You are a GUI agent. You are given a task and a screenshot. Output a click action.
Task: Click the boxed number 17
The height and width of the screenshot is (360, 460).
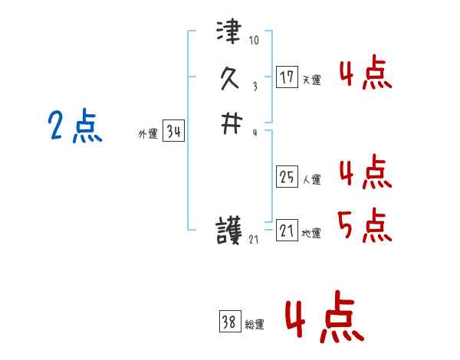point(287,77)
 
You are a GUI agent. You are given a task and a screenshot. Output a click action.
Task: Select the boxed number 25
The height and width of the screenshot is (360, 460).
point(287,178)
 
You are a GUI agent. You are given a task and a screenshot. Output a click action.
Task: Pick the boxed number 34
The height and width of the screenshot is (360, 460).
point(174,132)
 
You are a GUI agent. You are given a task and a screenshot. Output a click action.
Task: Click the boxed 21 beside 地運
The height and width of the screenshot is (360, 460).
point(287,231)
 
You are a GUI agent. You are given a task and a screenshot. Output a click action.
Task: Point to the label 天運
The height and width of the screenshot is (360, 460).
point(311,80)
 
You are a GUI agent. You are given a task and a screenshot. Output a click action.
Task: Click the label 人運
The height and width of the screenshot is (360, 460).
point(311,180)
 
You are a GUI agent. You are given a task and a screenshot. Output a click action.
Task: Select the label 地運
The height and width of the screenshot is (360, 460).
point(311,233)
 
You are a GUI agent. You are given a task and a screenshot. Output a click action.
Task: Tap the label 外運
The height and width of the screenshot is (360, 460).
point(148,134)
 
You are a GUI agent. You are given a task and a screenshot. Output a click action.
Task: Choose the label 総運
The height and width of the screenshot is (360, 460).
point(255,326)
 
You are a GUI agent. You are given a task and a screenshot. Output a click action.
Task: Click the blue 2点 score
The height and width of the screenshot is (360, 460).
point(75,126)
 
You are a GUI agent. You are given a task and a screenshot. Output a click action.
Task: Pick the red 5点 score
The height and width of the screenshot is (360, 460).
point(365,224)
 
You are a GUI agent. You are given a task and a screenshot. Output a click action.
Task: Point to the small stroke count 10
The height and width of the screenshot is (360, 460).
point(255,41)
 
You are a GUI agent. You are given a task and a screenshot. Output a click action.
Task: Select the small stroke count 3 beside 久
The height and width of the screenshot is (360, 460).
point(254,86)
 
